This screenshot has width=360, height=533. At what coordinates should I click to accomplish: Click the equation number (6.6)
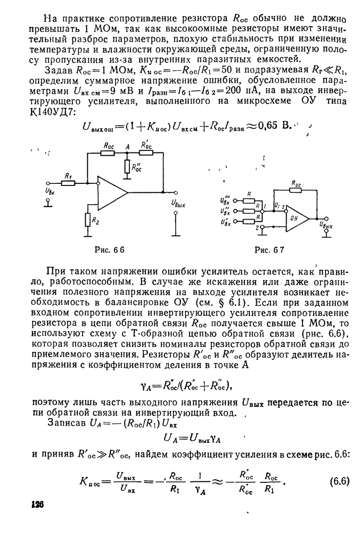[339, 480]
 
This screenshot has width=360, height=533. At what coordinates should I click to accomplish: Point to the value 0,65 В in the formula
[277, 126]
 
